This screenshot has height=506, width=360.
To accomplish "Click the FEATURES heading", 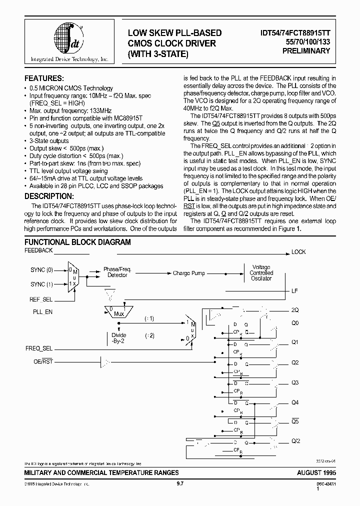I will click(44, 78).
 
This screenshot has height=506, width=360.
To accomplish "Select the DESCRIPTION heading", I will click(49, 196).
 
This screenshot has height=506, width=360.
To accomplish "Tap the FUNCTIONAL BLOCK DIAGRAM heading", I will click(77, 242).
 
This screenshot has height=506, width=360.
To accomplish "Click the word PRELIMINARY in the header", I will click(306, 51).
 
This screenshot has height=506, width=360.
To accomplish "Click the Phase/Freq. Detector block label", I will click(117, 272).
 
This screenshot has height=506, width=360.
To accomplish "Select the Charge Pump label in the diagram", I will click(188, 273).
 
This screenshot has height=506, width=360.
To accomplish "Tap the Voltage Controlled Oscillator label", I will click(261, 273).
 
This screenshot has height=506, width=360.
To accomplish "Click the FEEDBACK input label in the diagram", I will click(39, 250).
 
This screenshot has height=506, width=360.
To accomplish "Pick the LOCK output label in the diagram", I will click(298, 252).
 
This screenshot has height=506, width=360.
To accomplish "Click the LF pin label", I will click(294, 290).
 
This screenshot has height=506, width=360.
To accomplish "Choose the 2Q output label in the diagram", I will click(295, 310).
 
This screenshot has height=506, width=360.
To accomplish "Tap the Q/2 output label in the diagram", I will click(295, 440).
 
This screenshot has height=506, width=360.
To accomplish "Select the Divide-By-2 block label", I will click(119, 338).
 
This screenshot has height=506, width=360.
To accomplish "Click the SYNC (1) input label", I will click(41, 284).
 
